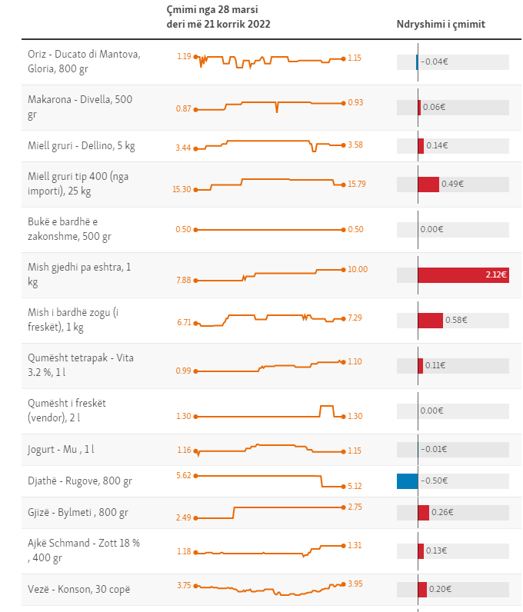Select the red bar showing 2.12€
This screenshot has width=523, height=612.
(x=463, y=274)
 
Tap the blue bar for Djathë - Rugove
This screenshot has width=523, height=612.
(x=408, y=481)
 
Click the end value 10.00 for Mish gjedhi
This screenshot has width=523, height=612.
(x=358, y=270)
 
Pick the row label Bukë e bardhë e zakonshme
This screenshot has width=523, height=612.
(x=69, y=229)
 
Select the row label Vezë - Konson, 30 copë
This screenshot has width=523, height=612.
(x=78, y=589)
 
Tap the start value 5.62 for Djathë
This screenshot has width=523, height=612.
(x=184, y=475)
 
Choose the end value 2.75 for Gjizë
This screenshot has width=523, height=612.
(x=355, y=507)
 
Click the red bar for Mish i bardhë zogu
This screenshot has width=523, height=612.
(x=430, y=320)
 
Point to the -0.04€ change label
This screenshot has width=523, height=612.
(x=435, y=62)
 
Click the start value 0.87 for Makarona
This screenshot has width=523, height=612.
(x=183, y=109)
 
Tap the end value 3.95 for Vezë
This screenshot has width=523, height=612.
(x=355, y=584)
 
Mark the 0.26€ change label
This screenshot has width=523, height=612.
(x=442, y=512)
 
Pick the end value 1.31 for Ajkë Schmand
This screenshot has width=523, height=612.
(x=355, y=545)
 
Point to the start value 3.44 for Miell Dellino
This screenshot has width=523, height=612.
(x=183, y=148)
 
